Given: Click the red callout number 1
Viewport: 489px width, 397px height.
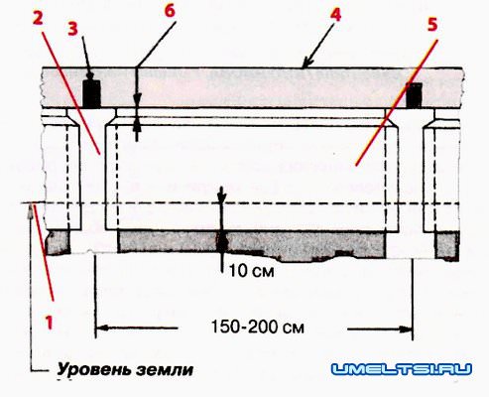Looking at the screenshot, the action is click(50, 322).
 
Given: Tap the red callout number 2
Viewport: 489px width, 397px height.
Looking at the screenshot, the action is click(38, 19).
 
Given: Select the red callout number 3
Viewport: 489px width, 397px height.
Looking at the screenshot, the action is click(72, 29).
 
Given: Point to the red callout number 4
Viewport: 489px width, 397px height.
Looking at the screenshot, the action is click(335, 15).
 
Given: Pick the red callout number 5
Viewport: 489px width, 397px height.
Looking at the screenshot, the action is click(432, 25).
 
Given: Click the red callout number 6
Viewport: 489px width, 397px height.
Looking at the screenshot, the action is click(170, 11).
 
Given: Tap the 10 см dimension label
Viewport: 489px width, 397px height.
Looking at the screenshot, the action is click(252, 271).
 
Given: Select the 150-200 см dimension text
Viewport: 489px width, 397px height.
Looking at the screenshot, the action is click(258, 327).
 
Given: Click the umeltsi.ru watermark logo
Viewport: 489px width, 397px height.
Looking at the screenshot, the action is click(402, 369).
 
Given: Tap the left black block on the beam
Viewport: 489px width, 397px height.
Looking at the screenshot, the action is click(91, 93).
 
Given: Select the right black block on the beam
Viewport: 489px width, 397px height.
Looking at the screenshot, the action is click(415, 95).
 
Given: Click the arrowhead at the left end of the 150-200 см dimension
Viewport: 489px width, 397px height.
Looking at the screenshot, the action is click(102, 329).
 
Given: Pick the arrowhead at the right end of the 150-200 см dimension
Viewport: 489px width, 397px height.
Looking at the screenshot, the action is click(406, 329).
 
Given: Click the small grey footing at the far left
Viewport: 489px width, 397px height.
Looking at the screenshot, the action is click(59, 242).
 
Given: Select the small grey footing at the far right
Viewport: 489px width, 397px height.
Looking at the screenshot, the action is click(446, 245).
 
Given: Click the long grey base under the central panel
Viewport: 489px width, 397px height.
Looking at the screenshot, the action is click(252, 244).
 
